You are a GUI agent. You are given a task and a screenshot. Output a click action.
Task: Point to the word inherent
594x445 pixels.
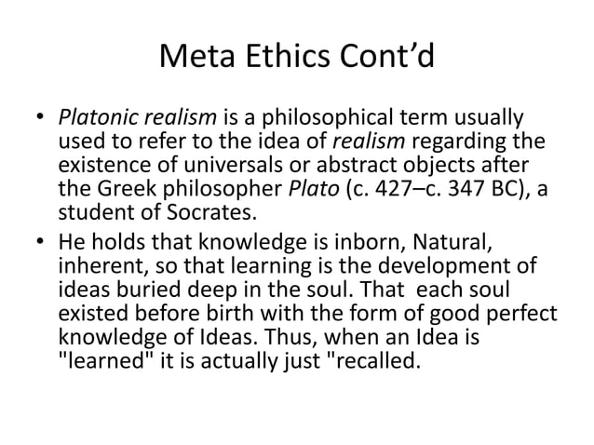coord(95,271)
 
